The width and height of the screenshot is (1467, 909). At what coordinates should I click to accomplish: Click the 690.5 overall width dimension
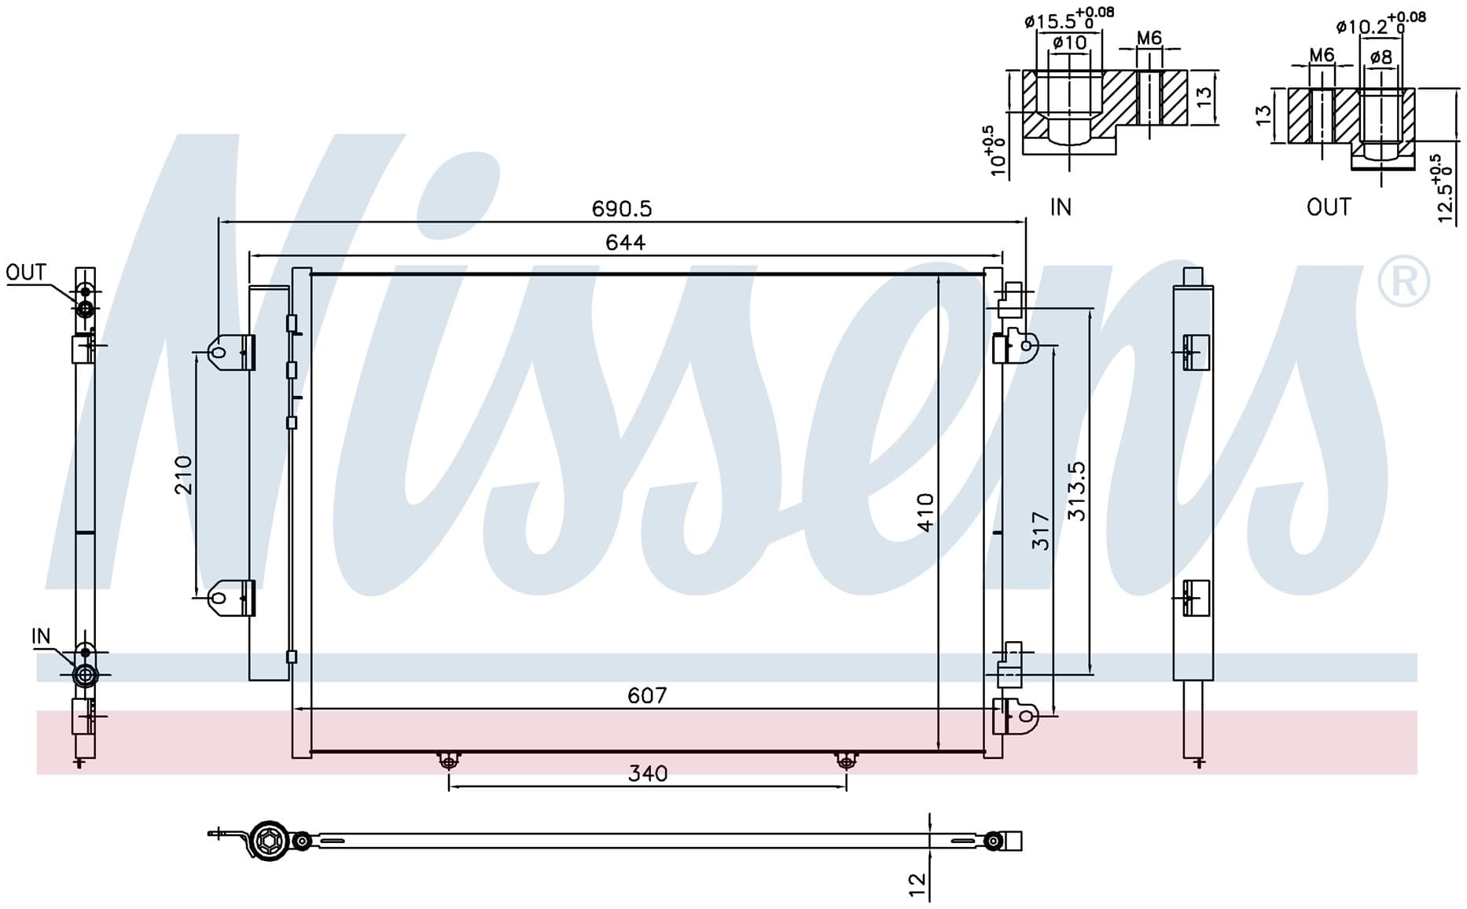[x=622, y=209]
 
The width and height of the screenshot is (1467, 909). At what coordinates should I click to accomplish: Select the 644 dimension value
[x=626, y=243]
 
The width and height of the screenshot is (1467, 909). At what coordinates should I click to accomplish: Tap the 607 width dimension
[x=647, y=695]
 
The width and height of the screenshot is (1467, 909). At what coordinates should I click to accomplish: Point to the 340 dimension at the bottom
[x=648, y=774]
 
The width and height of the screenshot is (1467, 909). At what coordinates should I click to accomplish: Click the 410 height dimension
[x=925, y=512]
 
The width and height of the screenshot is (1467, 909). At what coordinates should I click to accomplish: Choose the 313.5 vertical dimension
[x=1076, y=491]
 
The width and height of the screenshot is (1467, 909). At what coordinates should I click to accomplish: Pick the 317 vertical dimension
[x=1041, y=530]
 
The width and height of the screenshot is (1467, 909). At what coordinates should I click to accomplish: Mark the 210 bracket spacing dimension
[x=183, y=475]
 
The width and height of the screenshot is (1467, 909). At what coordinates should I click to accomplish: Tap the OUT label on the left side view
[x=26, y=273]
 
